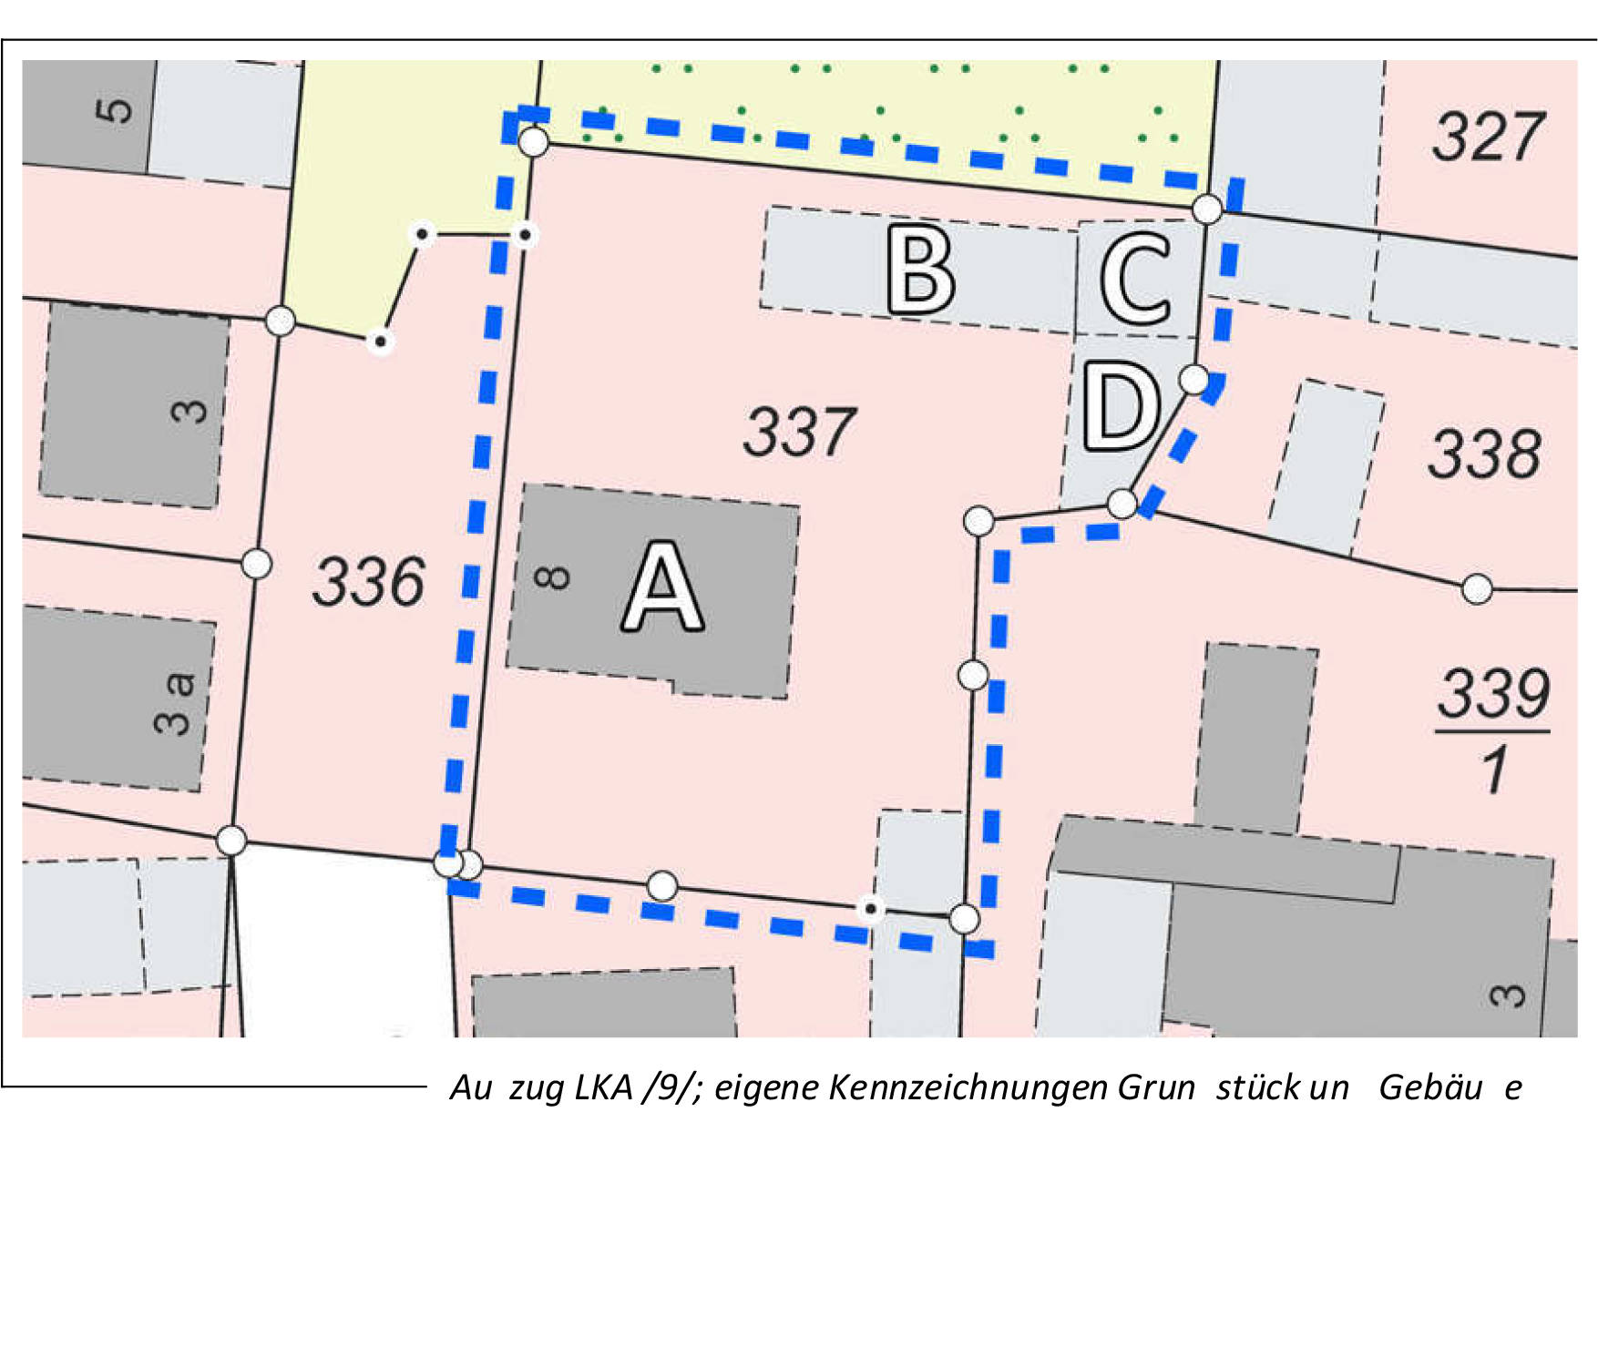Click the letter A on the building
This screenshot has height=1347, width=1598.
coord(663,587)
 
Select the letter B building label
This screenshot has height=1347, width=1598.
coord(921,270)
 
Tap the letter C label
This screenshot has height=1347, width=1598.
coord(1135,278)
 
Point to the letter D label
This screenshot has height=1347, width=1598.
coord(1122,406)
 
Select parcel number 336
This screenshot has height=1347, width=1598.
coord(368,582)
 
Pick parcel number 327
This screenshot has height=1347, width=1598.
coord(1488,137)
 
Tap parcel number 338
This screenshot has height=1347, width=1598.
coord(1484,454)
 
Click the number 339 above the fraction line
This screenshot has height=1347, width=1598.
coord(1493,693)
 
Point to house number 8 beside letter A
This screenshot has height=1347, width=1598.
coord(552,577)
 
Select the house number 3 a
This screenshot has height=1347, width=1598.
coord(175,703)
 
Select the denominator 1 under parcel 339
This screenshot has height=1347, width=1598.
coord(1494,770)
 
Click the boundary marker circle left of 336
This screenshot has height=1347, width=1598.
coord(257,564)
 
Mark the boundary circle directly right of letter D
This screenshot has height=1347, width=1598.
coord(1193,379)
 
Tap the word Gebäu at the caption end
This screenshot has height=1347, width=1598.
coord(1430,1087)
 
